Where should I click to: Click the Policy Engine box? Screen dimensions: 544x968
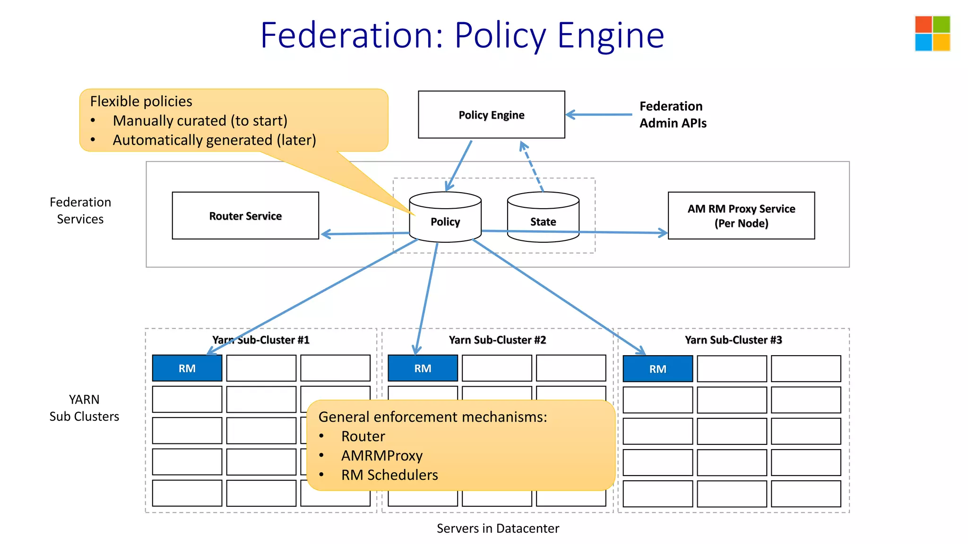pos(491,115)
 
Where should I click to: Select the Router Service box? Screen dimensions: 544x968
pos(245,216)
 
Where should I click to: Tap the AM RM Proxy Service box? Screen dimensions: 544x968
pos(741,216)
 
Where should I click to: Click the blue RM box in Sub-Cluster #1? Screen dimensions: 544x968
pos(187,368)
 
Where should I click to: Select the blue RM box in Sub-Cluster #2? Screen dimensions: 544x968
pos(423,368)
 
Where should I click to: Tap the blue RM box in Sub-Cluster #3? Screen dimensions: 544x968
pos(657,369)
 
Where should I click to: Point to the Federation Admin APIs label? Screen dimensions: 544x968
pos(673,115)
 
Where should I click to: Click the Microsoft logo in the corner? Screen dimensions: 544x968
pos(932,34)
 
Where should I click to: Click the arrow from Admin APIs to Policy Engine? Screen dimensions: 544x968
pos(598,114)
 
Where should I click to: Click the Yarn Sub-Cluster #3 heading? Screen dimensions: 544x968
pos(733,340)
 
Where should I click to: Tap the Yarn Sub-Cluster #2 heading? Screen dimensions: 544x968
pos(497,340)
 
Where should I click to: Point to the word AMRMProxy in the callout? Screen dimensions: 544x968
pos(382,456)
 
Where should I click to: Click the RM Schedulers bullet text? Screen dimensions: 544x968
pos(389,475)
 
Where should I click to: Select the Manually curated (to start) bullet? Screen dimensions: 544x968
pos(200,121)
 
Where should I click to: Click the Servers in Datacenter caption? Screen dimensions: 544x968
pos(498,528)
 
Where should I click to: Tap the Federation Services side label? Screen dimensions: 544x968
pos(80,211)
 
